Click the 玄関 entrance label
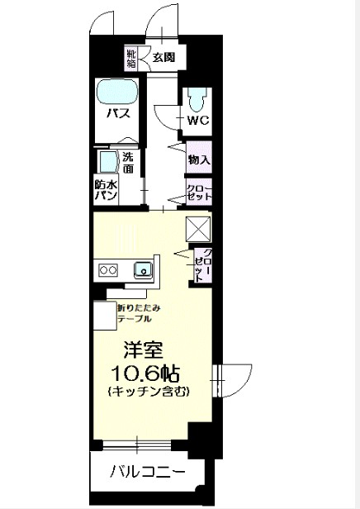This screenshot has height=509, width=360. (163, 58)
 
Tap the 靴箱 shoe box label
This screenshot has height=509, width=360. (131, 59)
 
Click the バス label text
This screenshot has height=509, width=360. (116, 113)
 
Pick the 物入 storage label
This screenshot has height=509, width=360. (198, 159)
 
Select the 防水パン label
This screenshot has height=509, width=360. (105, 191)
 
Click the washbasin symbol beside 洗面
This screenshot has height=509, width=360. (107, 161)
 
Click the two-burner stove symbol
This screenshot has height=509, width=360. (108, 269)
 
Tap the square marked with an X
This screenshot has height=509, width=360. (199, 227)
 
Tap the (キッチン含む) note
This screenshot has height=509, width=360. (145, 390)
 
